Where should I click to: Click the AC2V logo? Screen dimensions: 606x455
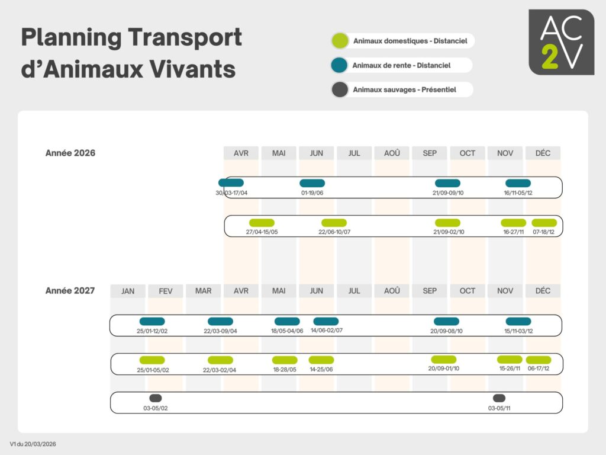561,42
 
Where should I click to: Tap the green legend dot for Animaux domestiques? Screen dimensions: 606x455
340,41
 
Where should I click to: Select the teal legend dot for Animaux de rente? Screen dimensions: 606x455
339,65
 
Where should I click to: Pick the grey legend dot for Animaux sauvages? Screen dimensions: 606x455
340,89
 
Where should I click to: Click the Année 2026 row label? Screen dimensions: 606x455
70,153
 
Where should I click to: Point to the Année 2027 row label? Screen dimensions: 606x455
70,290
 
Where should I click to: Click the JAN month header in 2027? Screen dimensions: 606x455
128,291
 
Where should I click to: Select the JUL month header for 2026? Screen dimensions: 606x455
354,153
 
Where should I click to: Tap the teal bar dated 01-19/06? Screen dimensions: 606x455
312,183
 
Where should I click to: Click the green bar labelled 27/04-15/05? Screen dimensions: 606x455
262,223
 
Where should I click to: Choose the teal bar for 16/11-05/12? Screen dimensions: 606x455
518,183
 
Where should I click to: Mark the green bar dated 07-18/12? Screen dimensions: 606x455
544,223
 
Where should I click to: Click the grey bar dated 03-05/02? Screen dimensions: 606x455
156,398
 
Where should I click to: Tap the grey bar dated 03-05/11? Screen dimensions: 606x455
499,398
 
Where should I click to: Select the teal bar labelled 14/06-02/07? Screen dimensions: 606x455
326,321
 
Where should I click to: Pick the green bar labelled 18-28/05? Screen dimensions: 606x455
285,360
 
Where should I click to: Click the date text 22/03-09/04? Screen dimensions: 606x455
220,331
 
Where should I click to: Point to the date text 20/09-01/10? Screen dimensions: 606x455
444,369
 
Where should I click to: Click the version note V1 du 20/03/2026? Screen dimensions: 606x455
33,444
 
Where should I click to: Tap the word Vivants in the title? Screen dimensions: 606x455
192,69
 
